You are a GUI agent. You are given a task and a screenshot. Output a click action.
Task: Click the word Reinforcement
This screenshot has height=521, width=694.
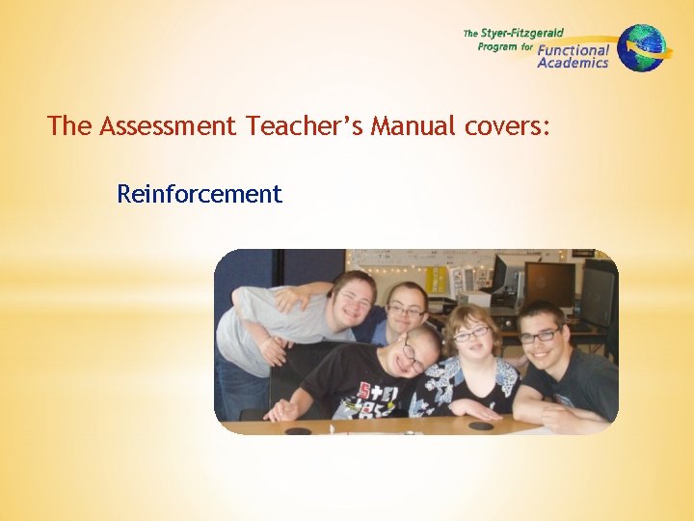199,194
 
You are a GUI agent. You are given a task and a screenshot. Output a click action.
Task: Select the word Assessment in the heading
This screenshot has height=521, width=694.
167,125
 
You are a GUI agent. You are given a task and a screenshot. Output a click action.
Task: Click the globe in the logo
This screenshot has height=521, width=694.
642,47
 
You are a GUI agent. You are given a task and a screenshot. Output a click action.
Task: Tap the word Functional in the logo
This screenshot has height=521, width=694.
574,50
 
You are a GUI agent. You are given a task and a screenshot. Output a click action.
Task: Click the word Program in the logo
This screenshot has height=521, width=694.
497,45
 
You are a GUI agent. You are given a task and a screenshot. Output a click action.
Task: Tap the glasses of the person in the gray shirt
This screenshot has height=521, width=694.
354,299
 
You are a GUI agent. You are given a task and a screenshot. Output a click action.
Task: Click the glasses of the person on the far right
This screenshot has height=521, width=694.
540,335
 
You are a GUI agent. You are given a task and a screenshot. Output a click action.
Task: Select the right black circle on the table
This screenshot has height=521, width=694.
480,425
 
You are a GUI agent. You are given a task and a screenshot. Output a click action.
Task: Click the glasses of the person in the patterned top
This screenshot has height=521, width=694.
471,334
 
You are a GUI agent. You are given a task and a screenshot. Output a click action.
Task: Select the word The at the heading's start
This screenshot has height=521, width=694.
69,125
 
